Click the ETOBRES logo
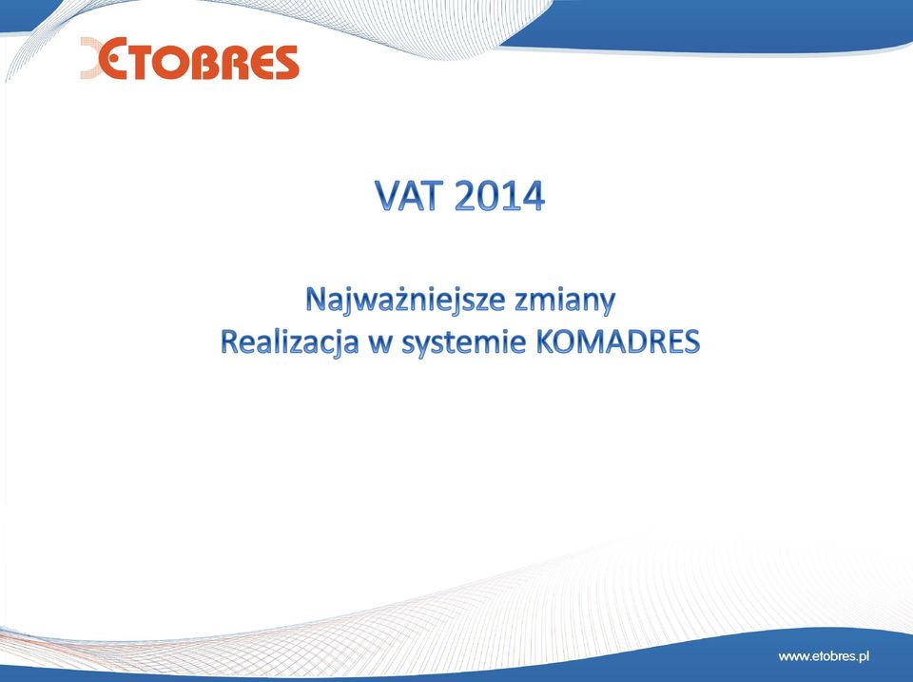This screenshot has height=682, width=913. coord(190,58)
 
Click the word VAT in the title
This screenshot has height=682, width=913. coord(411,196)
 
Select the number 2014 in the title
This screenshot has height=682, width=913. coord(499,196)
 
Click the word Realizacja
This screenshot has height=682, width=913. coord(289,342)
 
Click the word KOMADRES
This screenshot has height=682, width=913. coord(617,342)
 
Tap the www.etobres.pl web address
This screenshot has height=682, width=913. coord(824,656)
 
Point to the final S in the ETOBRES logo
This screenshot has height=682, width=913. coord(284,63)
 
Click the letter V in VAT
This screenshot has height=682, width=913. coord(388,196)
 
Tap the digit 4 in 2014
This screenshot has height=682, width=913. coord(533,196)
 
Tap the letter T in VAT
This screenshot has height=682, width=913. coord(435,196)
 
